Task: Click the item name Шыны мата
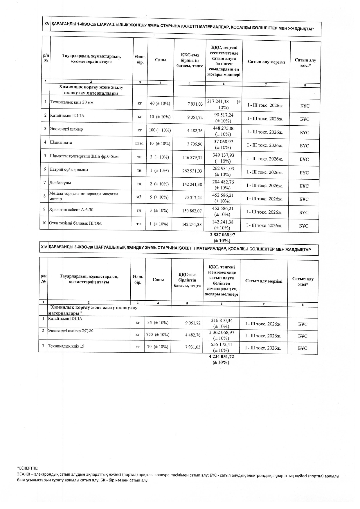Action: (x=61, y=142)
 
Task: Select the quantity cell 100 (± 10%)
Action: (x=160, y=130)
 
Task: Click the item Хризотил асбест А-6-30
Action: (x=71, y=210)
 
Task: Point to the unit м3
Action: (x=139, y=197)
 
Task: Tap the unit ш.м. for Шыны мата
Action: (x=139, y=143)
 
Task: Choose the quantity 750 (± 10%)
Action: (x=158, y=335)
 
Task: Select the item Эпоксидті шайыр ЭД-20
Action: (x=71, y=331)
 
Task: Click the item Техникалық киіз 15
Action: (x=66, y=346)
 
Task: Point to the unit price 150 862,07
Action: (x=192, y=211)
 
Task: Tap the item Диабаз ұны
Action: (x=60, y=183)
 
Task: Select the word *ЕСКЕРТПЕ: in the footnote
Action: (x=28, y=468)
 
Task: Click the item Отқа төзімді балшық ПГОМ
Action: (x=75, y=223)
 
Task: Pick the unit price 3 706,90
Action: (x=195, y=144)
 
